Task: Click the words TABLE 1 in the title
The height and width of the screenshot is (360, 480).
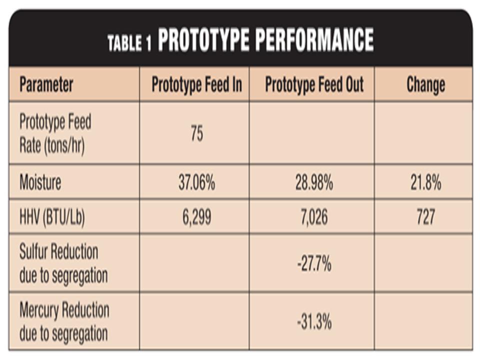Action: [129, 43]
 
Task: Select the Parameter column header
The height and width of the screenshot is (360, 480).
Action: [46, 84]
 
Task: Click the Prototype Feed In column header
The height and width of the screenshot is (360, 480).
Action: [196, 84]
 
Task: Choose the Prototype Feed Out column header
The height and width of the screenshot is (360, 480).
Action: [314, 84]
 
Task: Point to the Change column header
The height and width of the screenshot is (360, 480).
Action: [425, 84]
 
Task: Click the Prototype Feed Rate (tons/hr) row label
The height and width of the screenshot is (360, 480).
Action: [55, 134]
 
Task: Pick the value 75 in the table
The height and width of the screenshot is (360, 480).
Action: [196, 134]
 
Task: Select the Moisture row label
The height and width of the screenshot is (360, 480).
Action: [40, 182]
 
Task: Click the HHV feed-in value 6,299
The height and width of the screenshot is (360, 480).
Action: [196, 216]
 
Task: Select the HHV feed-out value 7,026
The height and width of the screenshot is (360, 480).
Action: [314, 216]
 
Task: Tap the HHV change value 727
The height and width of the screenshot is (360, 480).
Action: [425, 216]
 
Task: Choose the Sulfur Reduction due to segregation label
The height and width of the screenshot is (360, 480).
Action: [63, 263]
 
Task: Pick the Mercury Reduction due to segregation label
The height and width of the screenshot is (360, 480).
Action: [64, 321]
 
